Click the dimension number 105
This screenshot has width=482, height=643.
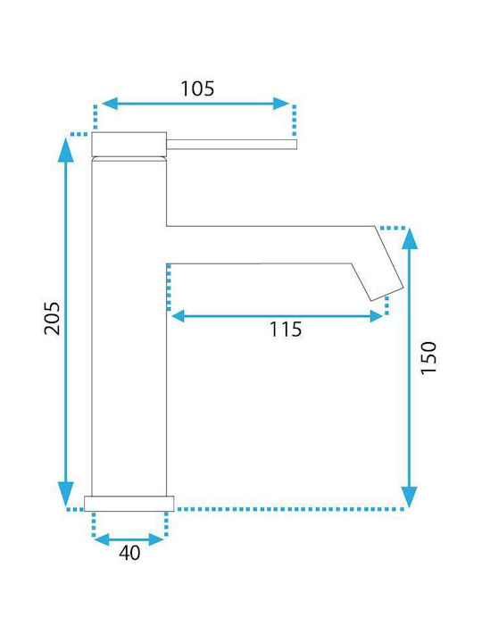pyautogui.click(x=197, y=88)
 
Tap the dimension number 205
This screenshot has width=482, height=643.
pyautogui.click(x=52, y=318)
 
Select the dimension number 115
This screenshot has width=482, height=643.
pyautogui.click(x=286, y=330)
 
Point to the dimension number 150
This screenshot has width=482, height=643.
pyautogui.click(x=428, y=357)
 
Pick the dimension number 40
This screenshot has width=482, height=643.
pyautogui.click(x=129, y=553)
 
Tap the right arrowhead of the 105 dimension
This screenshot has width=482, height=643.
pyautogui.click(x=281, y=104)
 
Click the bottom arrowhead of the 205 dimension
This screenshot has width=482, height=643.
pyautogui.click(x=65, y=494)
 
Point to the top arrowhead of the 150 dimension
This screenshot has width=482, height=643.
pyautogui.click(x=410, y=238)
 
